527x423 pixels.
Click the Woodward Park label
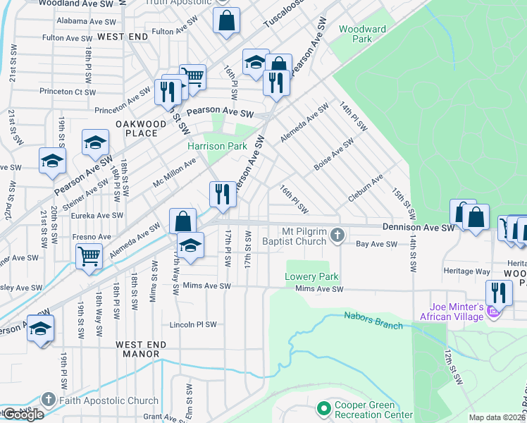click(362, 34)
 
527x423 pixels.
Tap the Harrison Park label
click(217, 146)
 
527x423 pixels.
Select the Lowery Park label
click(312, 277)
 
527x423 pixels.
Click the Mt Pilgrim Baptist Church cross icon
click(337, 235)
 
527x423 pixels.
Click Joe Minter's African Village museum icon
click(494, 310)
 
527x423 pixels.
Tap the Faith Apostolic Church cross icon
click(48, 399)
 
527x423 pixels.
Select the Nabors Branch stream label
click(373, 320)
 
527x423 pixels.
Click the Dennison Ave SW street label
click(419, 228)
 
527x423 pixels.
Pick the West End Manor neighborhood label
click(142, 349)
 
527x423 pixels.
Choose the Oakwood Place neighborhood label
click(142, 128)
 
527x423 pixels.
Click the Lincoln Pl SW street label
click(193, 325)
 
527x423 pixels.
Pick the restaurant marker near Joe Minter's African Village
click(499, 293)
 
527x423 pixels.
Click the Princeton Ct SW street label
click(68, 92)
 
